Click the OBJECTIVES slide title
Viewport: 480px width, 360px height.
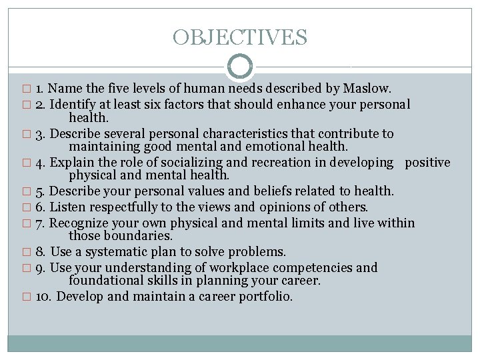pos(240,37)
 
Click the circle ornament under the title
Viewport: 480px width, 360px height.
pos(240,67)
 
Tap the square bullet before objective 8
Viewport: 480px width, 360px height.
pos(27,253)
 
